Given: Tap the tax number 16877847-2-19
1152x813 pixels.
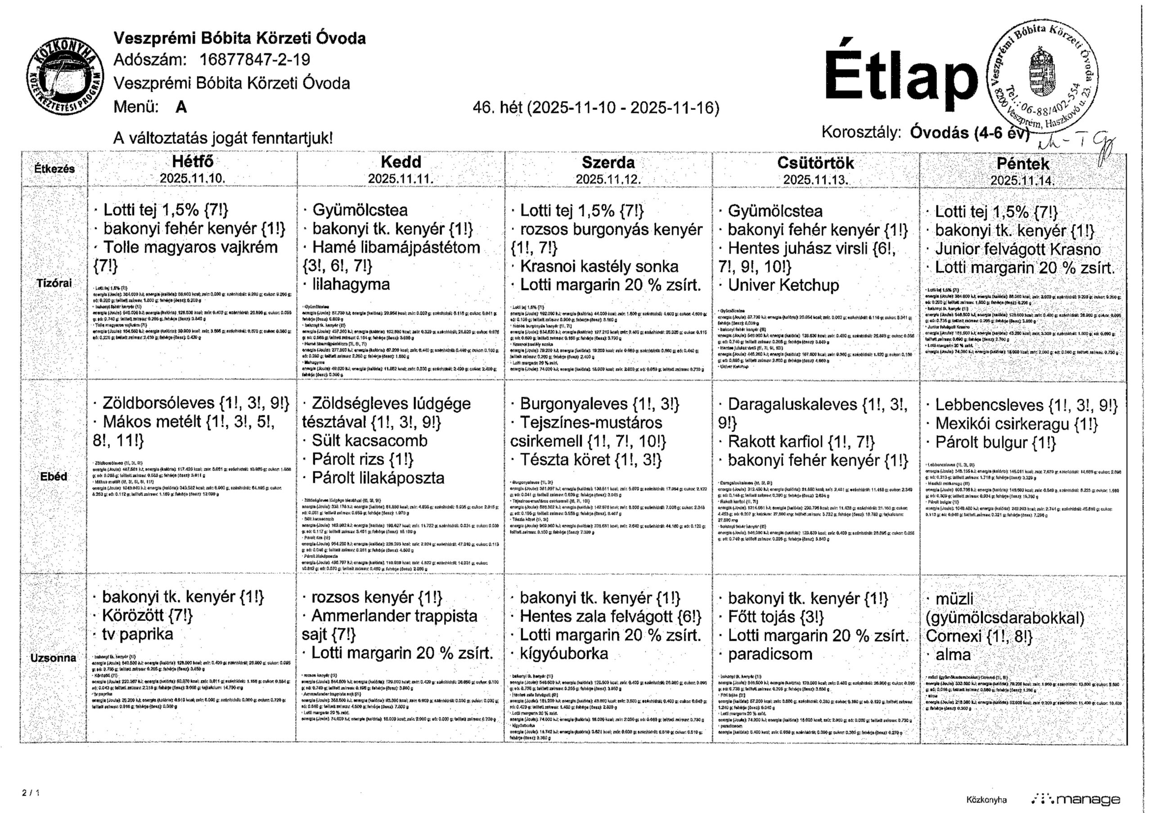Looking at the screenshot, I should pyautogui.click(x=255, y=60).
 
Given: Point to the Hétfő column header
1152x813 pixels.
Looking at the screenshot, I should pyautogui.click(x=193, y=162).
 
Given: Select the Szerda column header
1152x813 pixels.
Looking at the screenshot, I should pyautogui.click(x=608, y=162).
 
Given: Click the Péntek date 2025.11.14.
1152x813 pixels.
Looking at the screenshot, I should pyautogui.click(x=1022, y=180).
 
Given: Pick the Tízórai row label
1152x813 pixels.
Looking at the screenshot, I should pyautogui.click(x=54, y=283).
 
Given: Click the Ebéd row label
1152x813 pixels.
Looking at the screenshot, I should pyautogui.click(x=54, y=476).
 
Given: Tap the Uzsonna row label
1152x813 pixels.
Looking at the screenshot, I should pyautogui.click(x=53, y=657).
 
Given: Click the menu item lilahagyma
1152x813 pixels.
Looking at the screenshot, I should pyautogui.click(x=351, y=284).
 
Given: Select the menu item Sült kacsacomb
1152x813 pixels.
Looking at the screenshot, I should pyautogui.click(x=369, y=440).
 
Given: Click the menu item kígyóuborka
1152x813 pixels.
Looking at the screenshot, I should pyautogui.click(x=564, y=654).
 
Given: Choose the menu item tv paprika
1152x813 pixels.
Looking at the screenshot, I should pyautogui.click(x=138, y=634).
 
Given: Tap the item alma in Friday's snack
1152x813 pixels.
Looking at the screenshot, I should pyautogui.click(x=953, y=655).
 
